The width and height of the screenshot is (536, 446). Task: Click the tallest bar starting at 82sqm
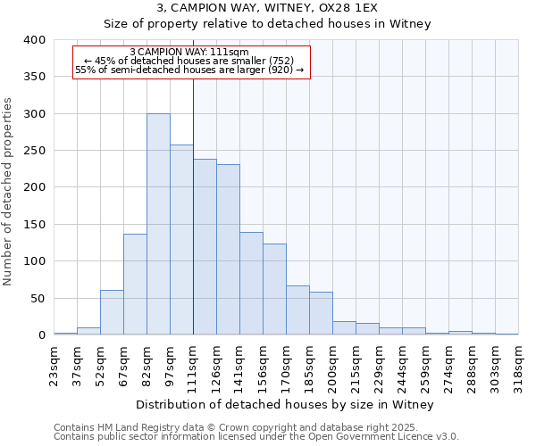coord(158,224)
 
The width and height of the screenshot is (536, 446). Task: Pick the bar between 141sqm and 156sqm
coord(251,284)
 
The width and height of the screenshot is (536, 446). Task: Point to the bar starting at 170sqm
coord(297,310)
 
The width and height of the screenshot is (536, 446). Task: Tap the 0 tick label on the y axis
coord(41,335)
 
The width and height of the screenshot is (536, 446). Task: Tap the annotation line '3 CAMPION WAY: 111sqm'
coord(189,53)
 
